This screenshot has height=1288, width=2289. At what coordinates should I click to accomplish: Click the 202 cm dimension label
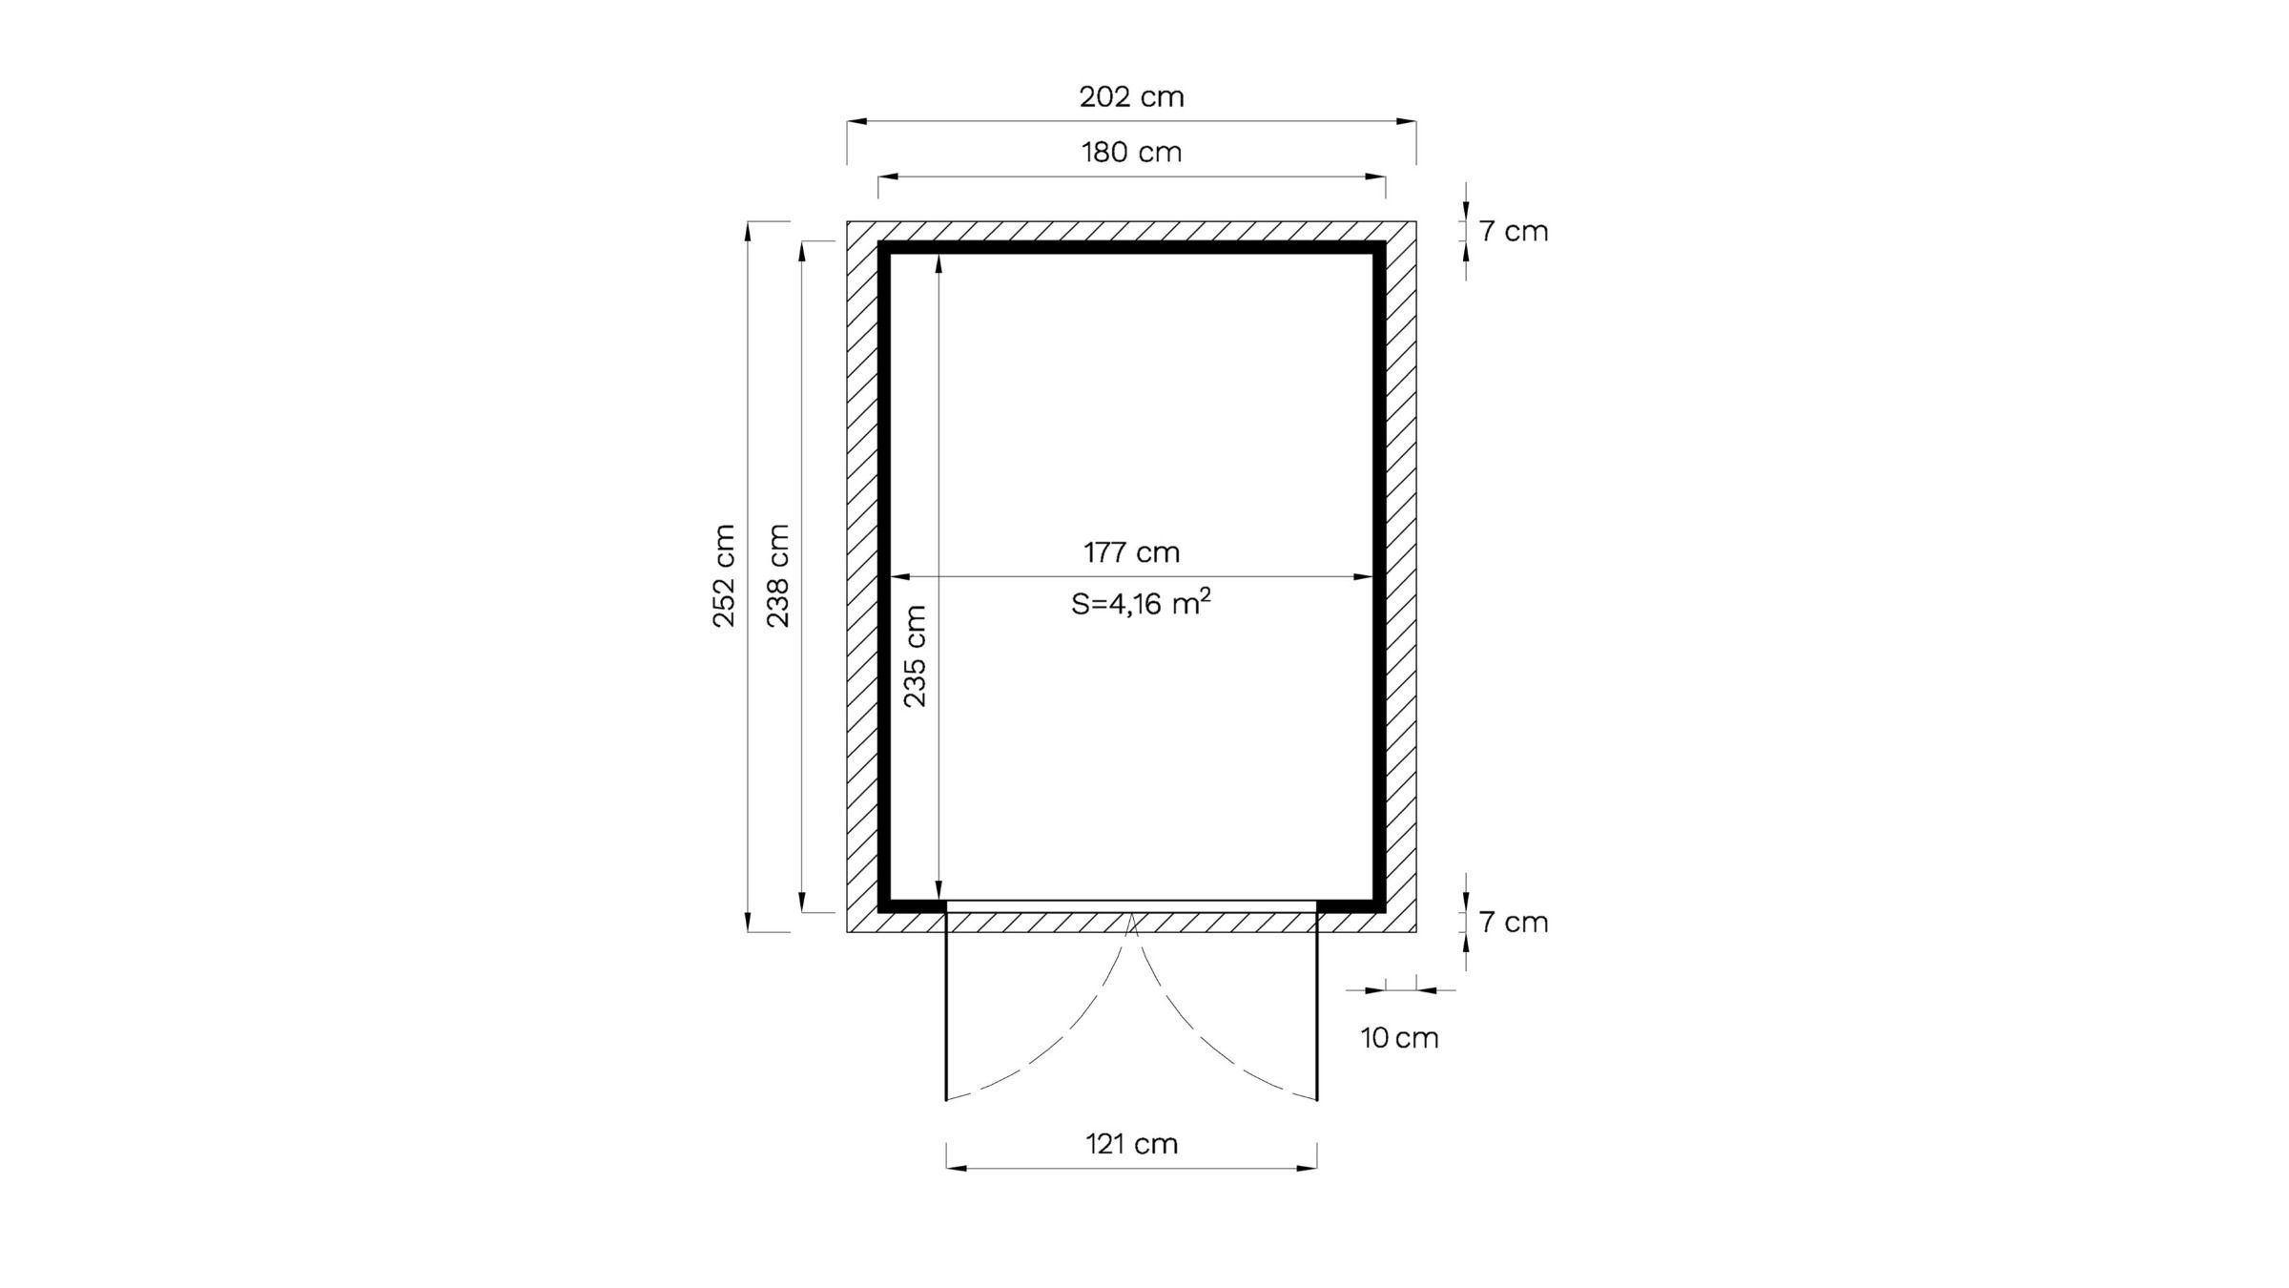[1131, 96]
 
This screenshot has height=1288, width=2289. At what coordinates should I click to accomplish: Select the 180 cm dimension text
[1131, 152]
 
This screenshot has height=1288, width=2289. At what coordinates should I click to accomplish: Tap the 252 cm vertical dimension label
[725, 575]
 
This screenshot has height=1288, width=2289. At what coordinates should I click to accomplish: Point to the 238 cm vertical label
[779, 575]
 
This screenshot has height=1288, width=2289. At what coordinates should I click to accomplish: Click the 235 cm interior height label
[915, 656]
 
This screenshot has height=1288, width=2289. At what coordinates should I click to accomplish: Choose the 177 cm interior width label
[1131, 552]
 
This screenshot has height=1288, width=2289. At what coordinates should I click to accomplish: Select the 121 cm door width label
[1131, 1143]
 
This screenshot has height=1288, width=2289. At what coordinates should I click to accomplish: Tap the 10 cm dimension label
[1399, 1038]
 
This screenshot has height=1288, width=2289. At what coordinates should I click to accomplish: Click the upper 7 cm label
[1514, 231]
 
